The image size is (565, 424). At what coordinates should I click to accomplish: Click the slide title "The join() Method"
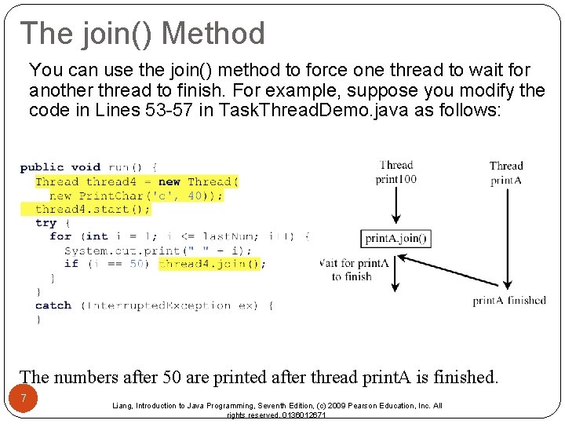tap(143, 34)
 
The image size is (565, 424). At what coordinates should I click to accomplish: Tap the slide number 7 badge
tap(24, 399)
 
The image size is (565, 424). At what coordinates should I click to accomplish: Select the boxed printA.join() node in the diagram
tap(397, 238)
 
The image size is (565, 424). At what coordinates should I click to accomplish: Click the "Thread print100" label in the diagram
tap(396, 172)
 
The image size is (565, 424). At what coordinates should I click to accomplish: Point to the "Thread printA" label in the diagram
tap(505, 173)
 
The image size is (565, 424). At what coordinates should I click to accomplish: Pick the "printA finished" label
tap(508, 300)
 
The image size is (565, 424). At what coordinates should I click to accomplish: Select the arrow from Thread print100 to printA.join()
tap(396, 206)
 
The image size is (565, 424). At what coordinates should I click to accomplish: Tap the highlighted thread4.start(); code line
tap(93, 209)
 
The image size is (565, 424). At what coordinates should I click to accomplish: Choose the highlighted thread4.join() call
tap(209, 264)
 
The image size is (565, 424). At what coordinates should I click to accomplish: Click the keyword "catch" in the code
tap(53, 305)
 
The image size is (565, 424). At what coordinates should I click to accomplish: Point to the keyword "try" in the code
tap(46, 222)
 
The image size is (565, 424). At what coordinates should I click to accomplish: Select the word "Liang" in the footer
tap(123, 406)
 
